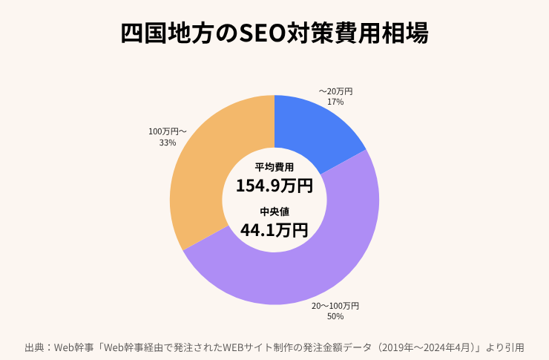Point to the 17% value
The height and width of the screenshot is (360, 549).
[x=335, y=102]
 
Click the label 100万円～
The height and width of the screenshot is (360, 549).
[x=167, y=131]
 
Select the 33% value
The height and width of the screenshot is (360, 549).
[x=167, y=142]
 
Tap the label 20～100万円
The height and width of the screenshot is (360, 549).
[x=335, y=306]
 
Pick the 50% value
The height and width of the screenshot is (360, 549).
[x=335, y=316]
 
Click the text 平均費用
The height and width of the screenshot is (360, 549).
[x=274, y=167]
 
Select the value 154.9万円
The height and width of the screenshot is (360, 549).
[x=274, y=186]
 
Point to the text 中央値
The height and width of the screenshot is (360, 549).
[x=274, y=212]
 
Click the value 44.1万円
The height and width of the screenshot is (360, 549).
[x=274, y=230]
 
